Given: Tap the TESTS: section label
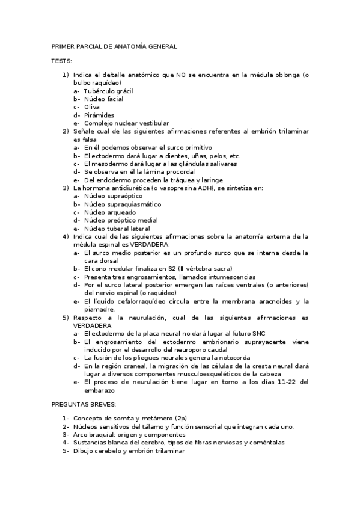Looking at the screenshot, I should point(61,61).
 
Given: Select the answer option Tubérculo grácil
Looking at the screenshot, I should point(108,91).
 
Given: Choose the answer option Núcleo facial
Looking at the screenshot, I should point(103,99).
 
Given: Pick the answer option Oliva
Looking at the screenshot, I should point(92,107).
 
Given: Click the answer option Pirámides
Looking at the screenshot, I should point(99,115).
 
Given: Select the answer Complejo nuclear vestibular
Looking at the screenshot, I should point(126,123).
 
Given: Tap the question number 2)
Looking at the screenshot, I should point(66,131).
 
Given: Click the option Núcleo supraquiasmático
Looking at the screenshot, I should point(118,204).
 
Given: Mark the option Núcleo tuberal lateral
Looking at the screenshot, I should point(117,228).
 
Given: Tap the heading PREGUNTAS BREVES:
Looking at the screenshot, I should point(83,405).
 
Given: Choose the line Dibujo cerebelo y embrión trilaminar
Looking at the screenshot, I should point(129,450).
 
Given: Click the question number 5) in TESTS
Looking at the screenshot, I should point(66,317).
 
